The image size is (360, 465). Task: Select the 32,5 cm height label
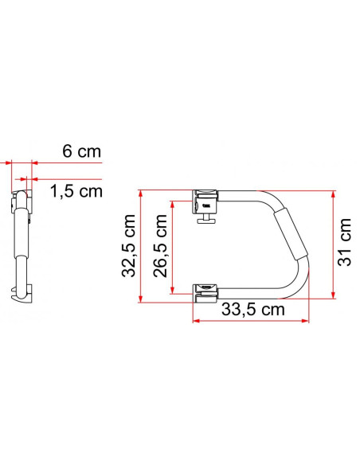coord(130,247)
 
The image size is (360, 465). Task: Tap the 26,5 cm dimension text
coord(159,247)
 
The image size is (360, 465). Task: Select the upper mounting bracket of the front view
coord(206,201)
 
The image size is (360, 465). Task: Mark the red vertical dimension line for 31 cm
coord(330,244)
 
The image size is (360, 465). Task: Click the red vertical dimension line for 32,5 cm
coord(140,247)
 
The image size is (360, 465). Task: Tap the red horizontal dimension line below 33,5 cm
coord(250,321)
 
